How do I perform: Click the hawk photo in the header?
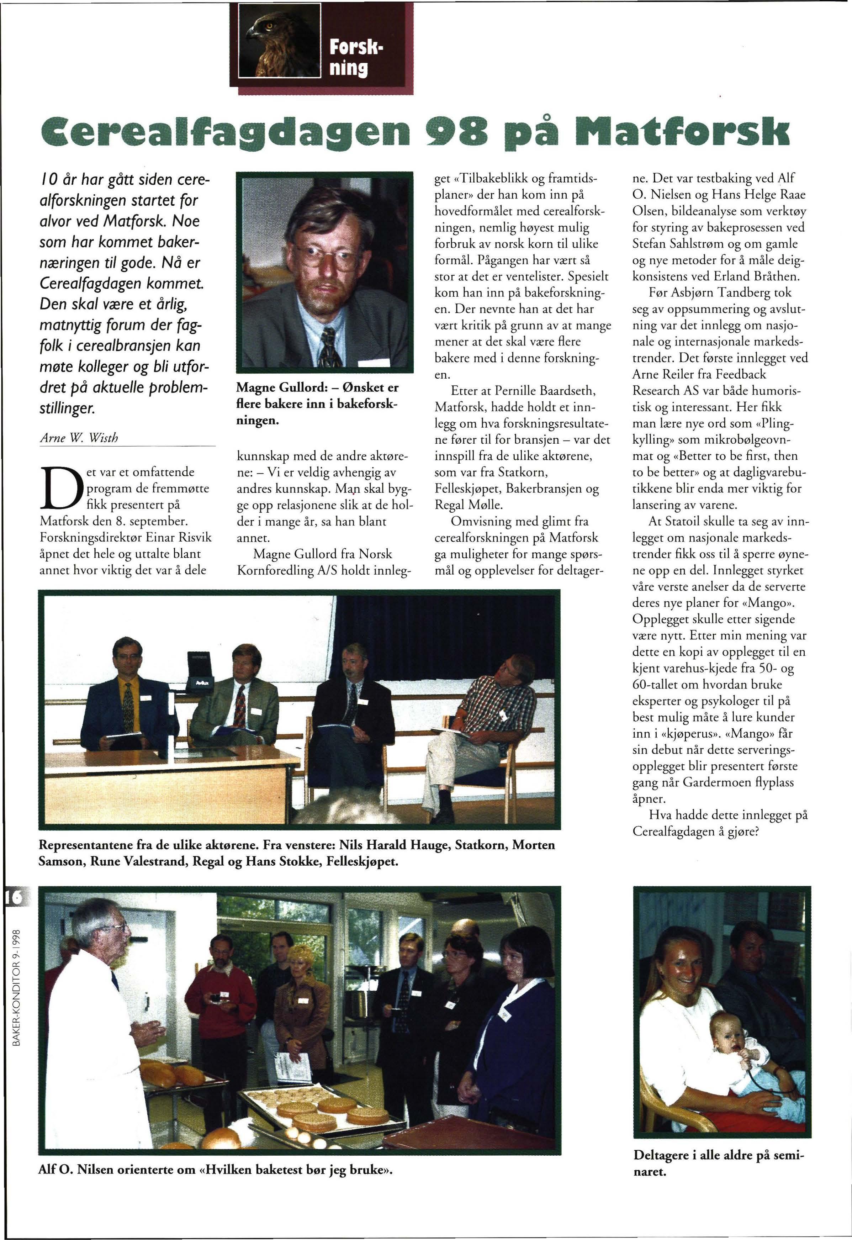pyautogui.click(x=277, y=42)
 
